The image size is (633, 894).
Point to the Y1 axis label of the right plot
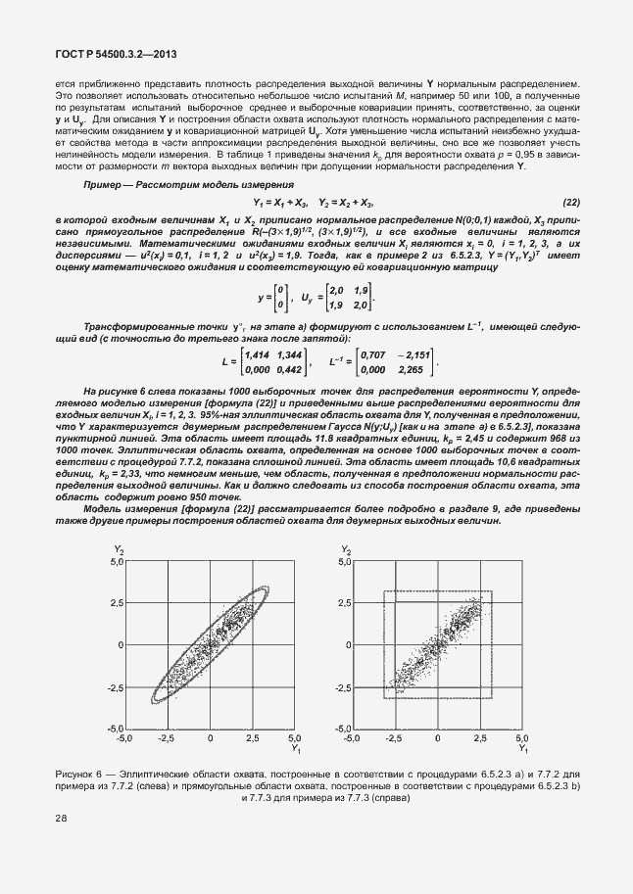[x=522, y=749]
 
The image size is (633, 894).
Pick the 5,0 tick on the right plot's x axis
[x=521, y=737]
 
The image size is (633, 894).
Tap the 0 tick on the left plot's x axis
[x=210, y=737]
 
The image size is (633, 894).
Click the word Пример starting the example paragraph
[x=106, y=185]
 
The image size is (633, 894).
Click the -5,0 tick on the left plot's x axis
[x=124, y=737]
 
